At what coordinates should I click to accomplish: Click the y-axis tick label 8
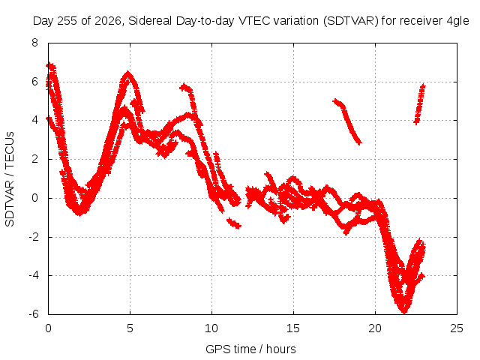[x=34, y=43]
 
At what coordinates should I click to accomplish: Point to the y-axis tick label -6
[x=34, y=314]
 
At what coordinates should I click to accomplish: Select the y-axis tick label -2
[x=34, y=237]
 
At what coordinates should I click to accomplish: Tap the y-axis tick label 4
[x=34, y=120]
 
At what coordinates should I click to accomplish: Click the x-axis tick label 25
[x=457, y=328]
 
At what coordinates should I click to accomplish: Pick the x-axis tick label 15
[x=293, y=328]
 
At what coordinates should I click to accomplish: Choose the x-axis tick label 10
[x=211, y=328]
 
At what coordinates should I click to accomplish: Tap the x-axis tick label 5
[x=130, y=328]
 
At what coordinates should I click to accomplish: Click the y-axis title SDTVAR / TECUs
[x=10, y=179]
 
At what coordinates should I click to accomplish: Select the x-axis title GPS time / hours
[x=250, y=349]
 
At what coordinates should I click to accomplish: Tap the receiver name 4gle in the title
[x=457, y=22]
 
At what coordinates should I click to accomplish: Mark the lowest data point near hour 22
[x=404, y=312]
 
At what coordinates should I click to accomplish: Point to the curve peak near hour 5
[x=128, y=73]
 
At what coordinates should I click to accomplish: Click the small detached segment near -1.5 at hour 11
[x=234, y=223]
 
